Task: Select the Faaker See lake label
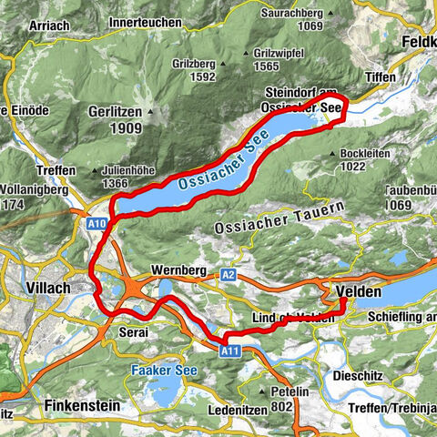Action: (x=161, y=371)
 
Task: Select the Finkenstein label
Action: (x=81, y=402)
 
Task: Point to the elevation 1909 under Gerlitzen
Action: (x=114, y=130)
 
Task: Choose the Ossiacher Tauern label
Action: (x=279, y=217)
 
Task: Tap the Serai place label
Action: (x=133, y=333)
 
